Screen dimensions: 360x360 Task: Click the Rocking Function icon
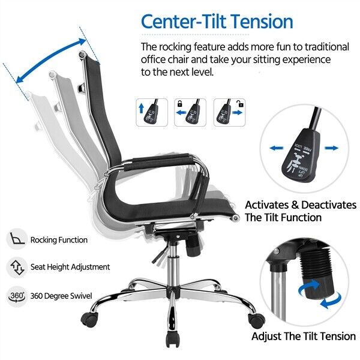click(x=17, y=239)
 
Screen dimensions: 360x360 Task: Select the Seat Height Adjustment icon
click(x=17, y=268)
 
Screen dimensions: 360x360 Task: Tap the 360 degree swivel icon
click(x=17, y=296)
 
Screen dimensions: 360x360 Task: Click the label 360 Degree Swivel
click(x=61, y=296)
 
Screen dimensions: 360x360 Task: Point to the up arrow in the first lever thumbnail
click(x=142, y=108)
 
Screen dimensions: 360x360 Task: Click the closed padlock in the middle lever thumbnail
click(x=180, y=104)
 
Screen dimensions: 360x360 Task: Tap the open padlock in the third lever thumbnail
click(x=241, y=104)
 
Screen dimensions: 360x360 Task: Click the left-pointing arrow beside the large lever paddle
click(x=277, y=148)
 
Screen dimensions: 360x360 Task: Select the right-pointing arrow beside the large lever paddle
click(x=331, y=148)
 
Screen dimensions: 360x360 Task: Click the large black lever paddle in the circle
click(x=301, y=155)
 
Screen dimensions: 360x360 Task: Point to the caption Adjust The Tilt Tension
click(x=304, y=337)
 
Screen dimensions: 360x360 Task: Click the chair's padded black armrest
click(x=158, y=161)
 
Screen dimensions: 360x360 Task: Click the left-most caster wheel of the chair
click(x=89, y=319)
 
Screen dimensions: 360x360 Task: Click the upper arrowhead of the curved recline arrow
click(x=82, y=41)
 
